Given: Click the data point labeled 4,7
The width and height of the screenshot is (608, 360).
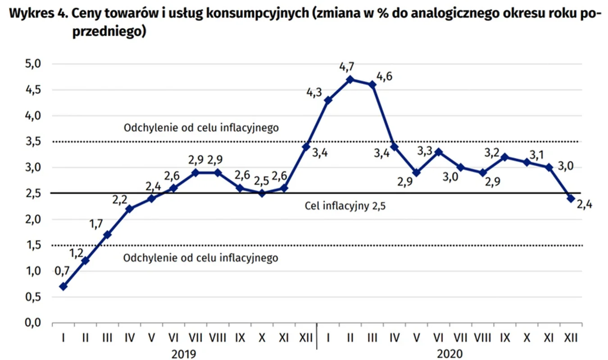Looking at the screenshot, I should click(x=350, y=80).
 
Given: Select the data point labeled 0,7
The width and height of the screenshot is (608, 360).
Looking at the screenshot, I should click(x=64, y=286).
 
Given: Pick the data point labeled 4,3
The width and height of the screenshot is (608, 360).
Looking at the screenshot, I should click(x=328, y=100).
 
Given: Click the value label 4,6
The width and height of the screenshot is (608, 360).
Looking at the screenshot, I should click(x=384, y=76).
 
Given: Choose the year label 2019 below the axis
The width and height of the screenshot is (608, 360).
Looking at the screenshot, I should click(x=185, y=354).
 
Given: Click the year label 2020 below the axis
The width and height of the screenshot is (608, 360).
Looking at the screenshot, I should click(x=449, y=354).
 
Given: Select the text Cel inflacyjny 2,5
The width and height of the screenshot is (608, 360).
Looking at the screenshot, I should click(x=345, y=207).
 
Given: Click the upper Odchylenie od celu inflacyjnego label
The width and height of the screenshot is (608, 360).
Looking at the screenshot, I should click(x=201, y=128).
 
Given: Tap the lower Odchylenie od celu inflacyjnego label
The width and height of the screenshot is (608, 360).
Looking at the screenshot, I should click(x=200, y=258).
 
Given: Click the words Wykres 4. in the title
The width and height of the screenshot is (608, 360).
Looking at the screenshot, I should click(x=33, y=13).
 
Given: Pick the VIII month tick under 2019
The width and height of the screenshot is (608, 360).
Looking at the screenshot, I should click(x=218, y=337).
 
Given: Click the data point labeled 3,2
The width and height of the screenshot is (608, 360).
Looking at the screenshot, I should click(x=504, y=157).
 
